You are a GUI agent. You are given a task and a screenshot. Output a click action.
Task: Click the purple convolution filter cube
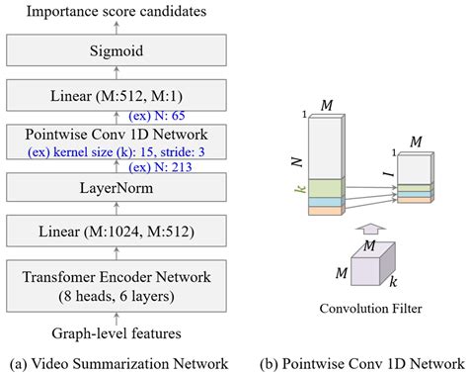tap(354, 265)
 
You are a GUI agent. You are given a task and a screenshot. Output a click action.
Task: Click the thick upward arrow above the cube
tap(355, 229)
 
